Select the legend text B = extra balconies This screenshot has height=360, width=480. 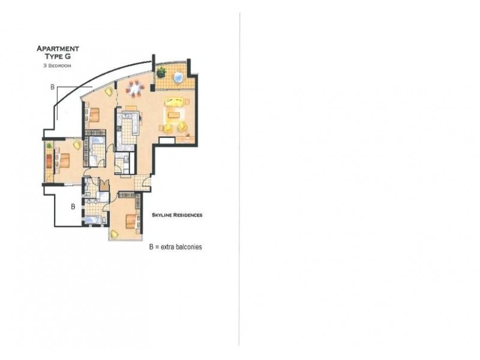click(175, 247)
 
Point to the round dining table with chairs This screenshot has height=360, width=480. click(136, 89)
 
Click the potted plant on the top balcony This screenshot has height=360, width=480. click(161, 73)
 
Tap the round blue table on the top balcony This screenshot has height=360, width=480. click(178, 77)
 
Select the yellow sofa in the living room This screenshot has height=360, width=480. click(175, 101)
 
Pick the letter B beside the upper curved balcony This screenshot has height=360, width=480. click(53, 88)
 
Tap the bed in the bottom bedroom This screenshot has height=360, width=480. click(131, 221)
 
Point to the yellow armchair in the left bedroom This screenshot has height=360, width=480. click(77, 145)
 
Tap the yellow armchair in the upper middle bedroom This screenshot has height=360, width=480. click(109, 92)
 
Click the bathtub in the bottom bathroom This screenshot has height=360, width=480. click(92, 220)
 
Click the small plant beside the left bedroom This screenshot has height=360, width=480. click(48, 146)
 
